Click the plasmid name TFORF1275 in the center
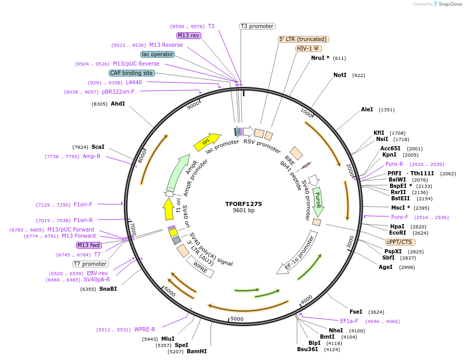click(243, 204)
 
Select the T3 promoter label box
click(257, 26)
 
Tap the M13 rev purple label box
click(188, 35)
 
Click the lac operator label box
click(157, 54)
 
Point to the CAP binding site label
click(132, 73)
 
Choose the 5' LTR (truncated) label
click(303, 39)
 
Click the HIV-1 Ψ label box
click(308, 48)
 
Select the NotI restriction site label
click(340, 75)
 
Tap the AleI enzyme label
click(367, 109)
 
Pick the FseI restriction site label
click(356, 312)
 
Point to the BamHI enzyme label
click(197, 351)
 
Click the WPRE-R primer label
click(145, 329)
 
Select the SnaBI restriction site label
click(108, 289)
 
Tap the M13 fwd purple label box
click(88, 245)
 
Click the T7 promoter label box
click(91, 264)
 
